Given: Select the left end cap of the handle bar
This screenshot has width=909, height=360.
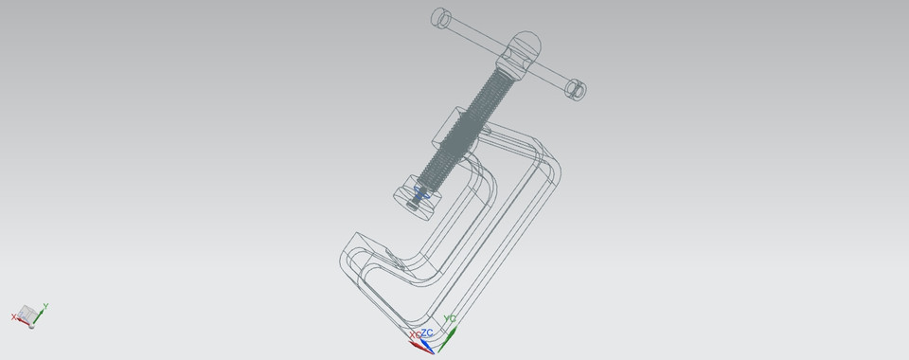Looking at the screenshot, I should pyautogui.click(x=440, y=17).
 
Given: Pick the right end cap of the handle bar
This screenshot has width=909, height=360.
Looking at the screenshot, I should pyautogui.click(x=576, y=89).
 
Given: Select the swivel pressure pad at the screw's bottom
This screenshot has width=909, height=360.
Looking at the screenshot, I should pyautogui.click(x=413, y=193).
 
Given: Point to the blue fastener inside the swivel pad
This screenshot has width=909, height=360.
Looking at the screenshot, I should pyautogui.click(x=419, y=196).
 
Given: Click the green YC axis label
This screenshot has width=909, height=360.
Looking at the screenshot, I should pyautogui.click(x=451, y=319).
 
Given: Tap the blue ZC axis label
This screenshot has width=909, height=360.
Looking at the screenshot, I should pyautogui.click(x=428, y=333).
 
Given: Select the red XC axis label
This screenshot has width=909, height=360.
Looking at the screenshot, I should pyautogui.click(x=414, y=335).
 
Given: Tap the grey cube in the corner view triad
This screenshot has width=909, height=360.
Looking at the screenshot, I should pyautogui.click(x=29, y=315).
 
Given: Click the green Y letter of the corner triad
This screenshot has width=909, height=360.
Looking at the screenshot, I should pyautogui.click(x=45, y=306).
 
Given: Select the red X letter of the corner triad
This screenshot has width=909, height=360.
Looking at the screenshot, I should pyautogui.click(x=14, y=316).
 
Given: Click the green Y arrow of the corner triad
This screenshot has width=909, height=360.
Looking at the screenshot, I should pyautogui.click(x=40, y=310).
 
